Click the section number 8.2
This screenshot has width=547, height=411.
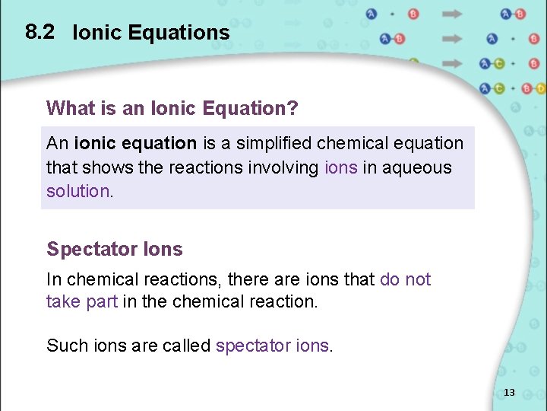click(40, 32)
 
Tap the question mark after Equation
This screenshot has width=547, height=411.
click(293, 109)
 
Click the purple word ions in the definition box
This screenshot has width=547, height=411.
click(340, 167)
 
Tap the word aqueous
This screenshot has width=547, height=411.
click(417, 167)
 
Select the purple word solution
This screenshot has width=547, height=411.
click(78, 191)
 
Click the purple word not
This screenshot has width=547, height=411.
click(418, 279)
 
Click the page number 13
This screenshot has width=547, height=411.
click(509, 393)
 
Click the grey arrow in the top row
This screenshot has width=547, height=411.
click(452, 14)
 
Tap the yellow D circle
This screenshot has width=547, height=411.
click(539, 88)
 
